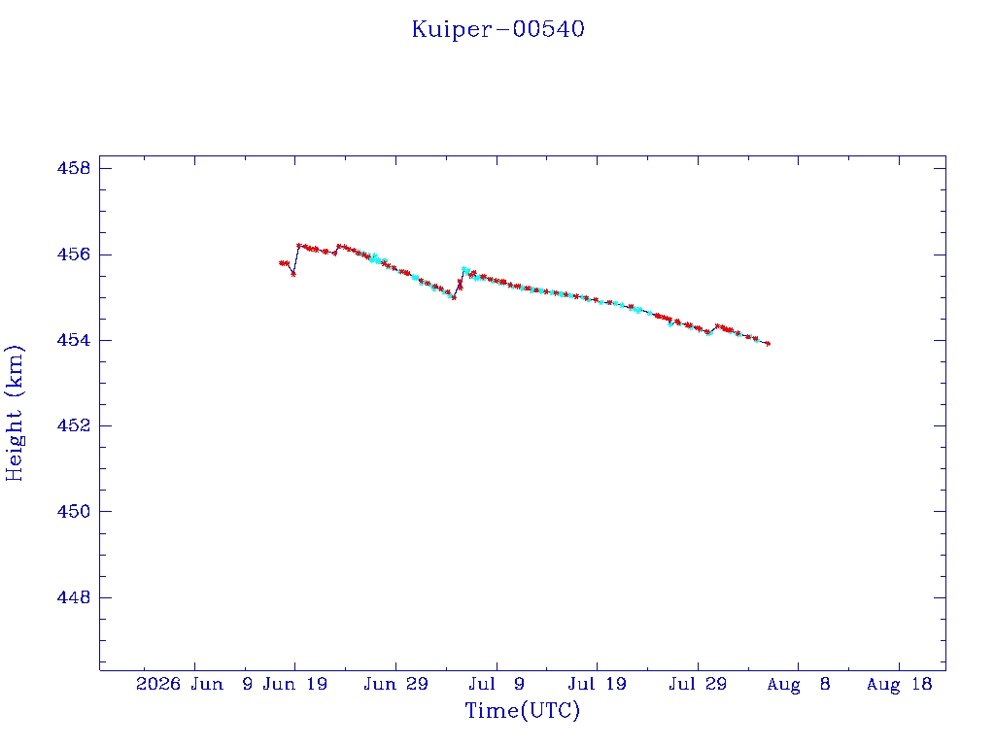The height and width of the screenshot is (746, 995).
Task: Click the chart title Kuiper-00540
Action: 498,29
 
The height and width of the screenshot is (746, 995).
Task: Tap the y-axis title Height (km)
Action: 14,413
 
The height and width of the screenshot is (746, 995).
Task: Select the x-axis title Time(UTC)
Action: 522,710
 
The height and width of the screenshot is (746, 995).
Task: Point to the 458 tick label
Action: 74,168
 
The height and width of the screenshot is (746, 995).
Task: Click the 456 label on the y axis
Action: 74,254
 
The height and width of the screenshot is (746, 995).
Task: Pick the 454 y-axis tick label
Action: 74,340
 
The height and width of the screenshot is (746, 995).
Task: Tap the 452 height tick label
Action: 74,425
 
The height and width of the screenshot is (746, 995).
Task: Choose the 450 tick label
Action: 74,511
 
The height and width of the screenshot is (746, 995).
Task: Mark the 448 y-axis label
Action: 74,597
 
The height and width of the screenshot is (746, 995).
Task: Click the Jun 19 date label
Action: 295,684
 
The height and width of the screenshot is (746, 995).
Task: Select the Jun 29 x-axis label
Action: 396,684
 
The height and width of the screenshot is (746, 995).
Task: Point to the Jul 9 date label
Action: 497,684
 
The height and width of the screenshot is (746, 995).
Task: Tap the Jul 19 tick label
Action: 598,684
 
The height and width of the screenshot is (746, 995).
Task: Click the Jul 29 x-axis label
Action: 698,684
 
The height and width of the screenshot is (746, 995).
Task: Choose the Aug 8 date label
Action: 799,684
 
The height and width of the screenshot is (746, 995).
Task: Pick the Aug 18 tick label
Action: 899,684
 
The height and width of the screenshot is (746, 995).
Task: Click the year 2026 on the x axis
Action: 158,684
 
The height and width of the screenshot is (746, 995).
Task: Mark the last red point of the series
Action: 768,344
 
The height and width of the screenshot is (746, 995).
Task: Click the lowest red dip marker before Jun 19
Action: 293,274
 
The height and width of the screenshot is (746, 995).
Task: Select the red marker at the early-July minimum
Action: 454,297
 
